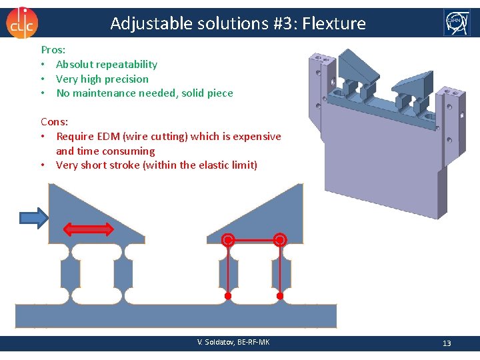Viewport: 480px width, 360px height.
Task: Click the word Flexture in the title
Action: (334, 24)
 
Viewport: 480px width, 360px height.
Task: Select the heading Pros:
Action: (53, 50)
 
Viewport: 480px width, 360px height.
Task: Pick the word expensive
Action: (254, 137)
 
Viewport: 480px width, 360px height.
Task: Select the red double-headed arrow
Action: (88, 229)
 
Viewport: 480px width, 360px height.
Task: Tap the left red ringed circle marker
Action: (228, 240)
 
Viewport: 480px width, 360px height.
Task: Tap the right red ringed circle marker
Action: (280, 240)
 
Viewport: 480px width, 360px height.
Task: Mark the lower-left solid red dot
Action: (228, 295)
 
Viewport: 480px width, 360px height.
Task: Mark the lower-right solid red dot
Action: (280, 295)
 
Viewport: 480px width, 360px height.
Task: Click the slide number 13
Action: (447, 343)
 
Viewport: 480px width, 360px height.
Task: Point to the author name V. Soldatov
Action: (217, 343)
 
